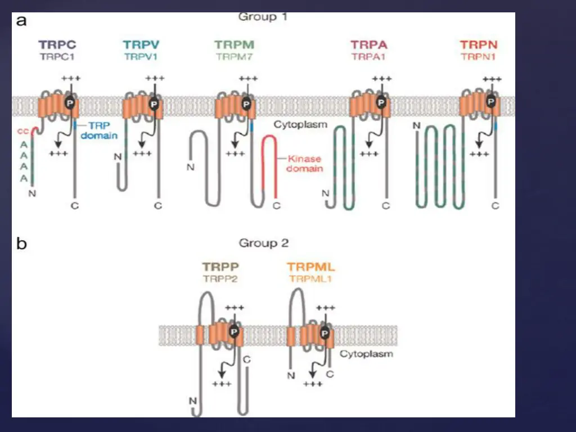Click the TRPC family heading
(57, 44)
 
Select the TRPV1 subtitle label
(142, 56)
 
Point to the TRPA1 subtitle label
(368, 56)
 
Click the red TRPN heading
(479, 44)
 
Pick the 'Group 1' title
(263, 17)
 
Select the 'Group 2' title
(264, 243)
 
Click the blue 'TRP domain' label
(100, 131)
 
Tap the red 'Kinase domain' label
(305, 163)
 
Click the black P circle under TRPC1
(70, 102)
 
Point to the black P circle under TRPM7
(245, 102)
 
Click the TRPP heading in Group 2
(220, 267)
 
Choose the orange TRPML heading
(310, 267)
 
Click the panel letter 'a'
(21, 21)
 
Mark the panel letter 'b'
(21, 244)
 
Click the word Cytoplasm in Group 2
(366, 354)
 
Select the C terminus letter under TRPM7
(276, 206)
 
